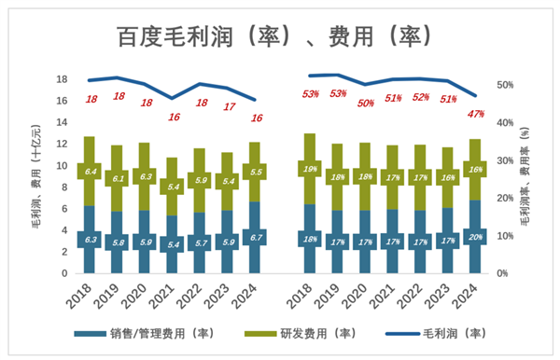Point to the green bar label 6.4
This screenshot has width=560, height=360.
(91, 172)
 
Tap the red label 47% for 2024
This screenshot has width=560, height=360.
(475, 115)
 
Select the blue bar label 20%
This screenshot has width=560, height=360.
(475, 237)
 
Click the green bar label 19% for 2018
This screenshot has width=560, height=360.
(310, 169)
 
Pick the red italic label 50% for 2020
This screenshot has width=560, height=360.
(365, 103)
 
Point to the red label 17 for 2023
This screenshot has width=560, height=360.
(227, 106)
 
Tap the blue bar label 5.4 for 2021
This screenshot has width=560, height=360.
(173, 244)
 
